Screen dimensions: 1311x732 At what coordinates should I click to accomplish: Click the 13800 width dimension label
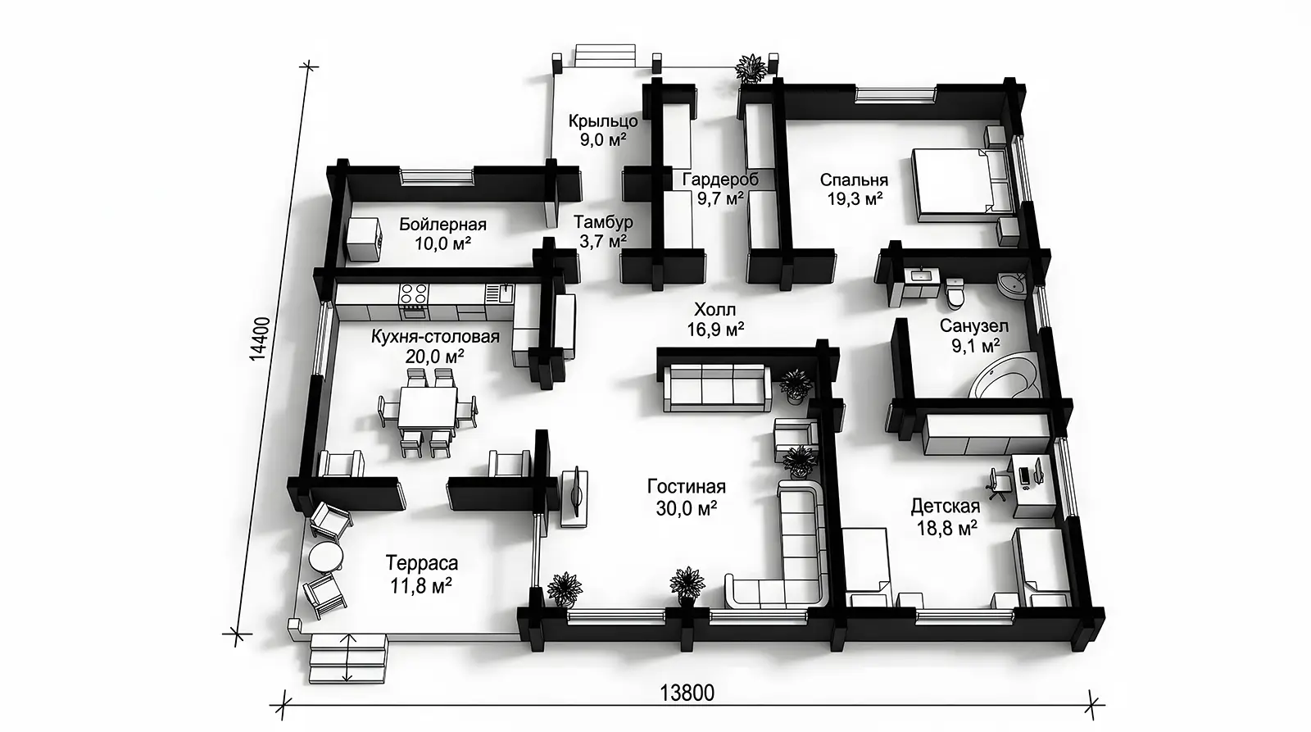click(687, 693)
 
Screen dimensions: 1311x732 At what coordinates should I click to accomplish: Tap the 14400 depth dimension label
click(260, 339)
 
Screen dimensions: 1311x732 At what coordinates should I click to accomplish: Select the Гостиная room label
click(687, 487)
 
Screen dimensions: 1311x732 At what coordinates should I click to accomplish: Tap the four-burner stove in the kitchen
click(413, 301)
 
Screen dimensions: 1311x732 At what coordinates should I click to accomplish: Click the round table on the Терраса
click(327, 557)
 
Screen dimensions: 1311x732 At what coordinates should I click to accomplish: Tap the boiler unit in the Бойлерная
click(364, 239)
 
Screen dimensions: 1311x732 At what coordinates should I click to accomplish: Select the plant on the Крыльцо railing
click(751, 67)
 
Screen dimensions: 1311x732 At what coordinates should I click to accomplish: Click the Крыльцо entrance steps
click(605, 57)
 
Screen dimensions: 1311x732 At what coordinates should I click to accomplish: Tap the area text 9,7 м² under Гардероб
click(720, 198)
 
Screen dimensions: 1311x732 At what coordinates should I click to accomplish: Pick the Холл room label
click(714, 308)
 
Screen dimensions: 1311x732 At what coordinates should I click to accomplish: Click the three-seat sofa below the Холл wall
click(716, 387)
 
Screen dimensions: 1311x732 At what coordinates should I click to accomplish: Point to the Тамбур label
click(603, 222)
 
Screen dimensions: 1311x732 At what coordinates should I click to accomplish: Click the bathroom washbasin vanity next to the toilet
click(923, 284)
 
